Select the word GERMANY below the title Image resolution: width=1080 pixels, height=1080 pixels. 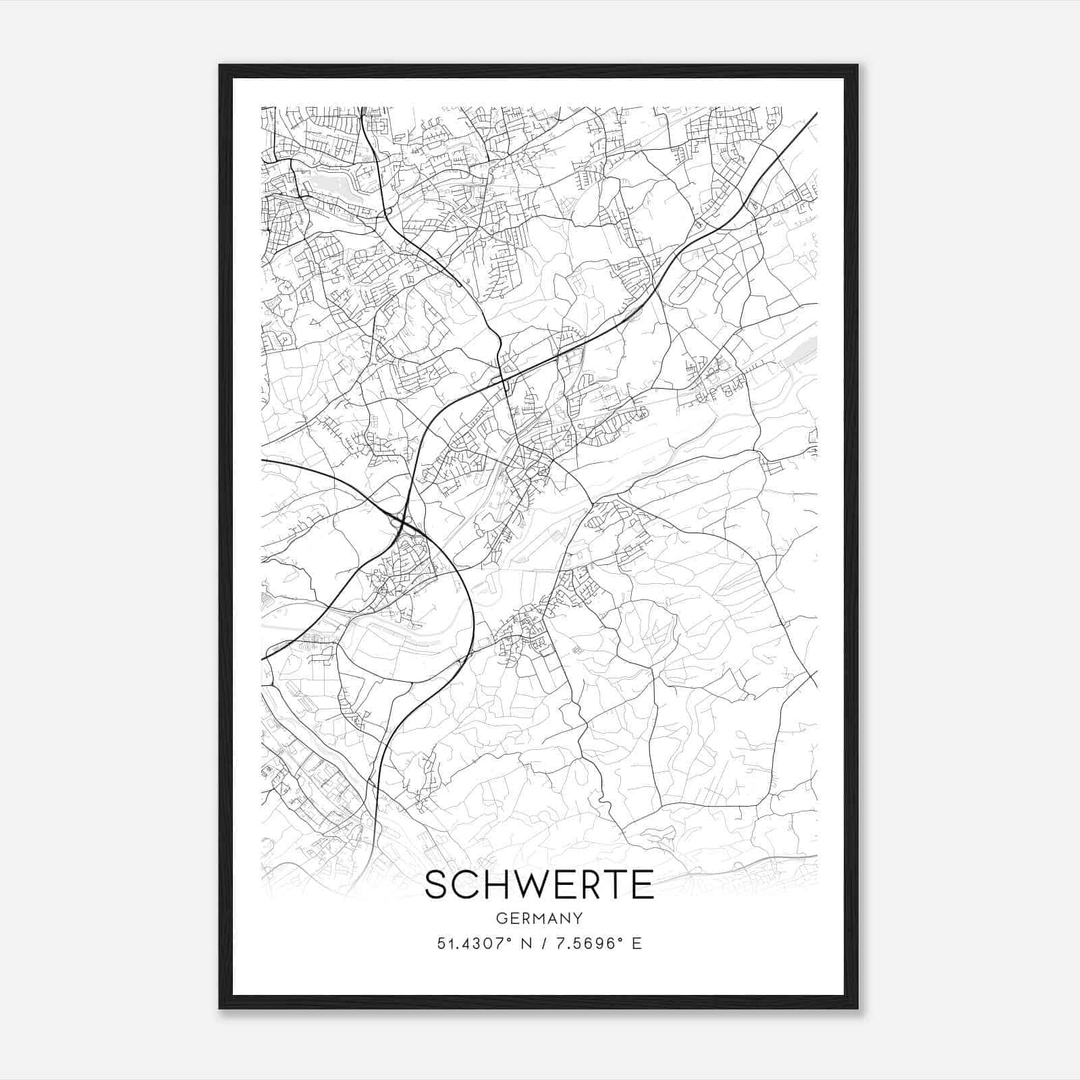pos(539,918)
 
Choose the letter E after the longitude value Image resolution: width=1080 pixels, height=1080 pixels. pos(637,944)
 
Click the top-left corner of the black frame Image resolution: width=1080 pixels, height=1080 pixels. pos(220,65)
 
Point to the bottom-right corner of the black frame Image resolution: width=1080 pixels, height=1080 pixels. pos(857,1008)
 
